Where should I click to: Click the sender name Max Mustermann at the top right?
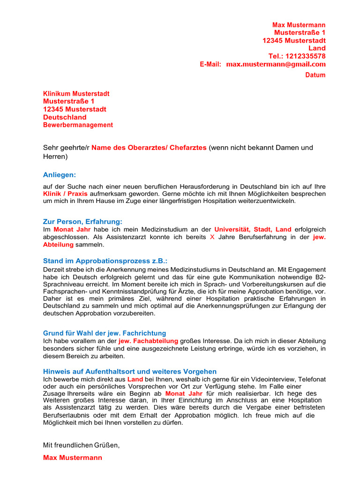click(x=299, y=25)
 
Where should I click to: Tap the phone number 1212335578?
click(x=307, y=56)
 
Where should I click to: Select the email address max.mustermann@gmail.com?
click(x=276, y=64)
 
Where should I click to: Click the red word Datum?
click(x=315, y=75)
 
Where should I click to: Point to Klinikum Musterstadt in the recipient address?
click(x=76, y=94)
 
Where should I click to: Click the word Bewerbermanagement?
click(x=78, y=125)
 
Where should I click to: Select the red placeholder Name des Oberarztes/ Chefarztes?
click(x=149, y=148)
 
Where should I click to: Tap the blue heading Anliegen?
click(x=59, y=175)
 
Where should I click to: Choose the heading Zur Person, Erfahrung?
click(x=82, y=221)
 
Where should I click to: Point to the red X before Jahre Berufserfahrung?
click(x=211, y=237)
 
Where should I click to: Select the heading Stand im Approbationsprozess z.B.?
click(x=105, y=261)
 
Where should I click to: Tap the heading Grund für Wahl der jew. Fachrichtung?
click(x=105, y=333)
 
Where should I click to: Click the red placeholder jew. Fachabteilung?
click(x=149, y=341)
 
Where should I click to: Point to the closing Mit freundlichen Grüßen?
click(x=82, y=445)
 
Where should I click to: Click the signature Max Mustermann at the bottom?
click(x=73, y=457)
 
